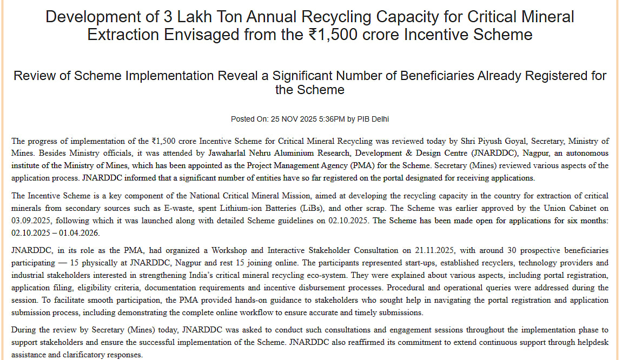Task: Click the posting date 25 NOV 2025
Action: tap(293, 119)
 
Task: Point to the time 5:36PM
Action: tap(332, 119)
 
